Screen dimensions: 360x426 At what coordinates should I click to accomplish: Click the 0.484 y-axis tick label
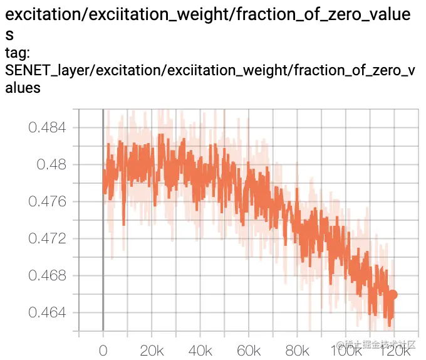click(48, 128)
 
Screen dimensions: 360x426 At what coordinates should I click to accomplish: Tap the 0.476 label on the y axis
click(48, 202)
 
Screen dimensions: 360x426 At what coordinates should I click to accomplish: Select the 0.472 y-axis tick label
click(48, 239)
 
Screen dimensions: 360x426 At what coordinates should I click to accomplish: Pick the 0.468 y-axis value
click(48, 276)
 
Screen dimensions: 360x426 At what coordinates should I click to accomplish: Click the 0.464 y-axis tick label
click(48, 313)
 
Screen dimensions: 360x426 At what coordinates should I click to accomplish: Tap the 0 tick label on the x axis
click(103, 349)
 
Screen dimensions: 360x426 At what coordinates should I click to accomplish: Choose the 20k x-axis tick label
click(152, 349)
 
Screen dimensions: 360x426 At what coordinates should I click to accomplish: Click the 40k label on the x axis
click(200, 349)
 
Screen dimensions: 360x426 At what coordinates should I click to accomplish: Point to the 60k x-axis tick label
click(249, 349)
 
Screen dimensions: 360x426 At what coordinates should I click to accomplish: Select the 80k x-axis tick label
click(298, 349)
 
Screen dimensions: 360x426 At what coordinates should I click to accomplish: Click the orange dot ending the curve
click(392, 294)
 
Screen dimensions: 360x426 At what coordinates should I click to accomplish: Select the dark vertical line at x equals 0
click(103, 220)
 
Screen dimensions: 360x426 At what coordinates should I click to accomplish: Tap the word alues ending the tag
click(23, 88)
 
